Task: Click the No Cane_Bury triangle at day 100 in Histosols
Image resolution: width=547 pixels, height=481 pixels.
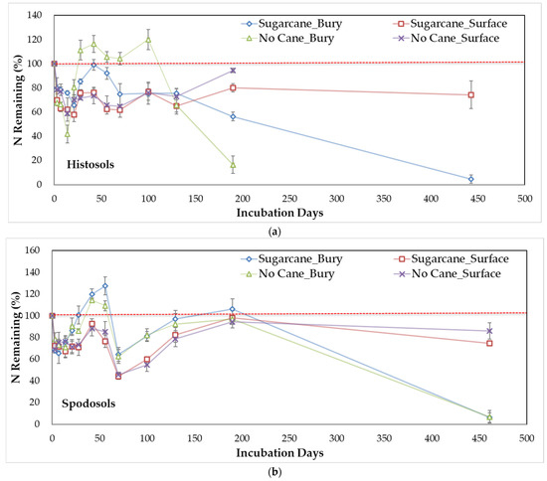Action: (x=148, y=40)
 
